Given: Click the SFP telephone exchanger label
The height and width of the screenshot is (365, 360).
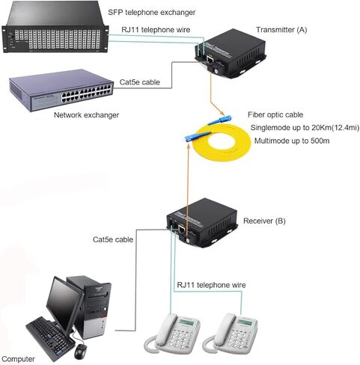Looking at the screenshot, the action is (152, 12).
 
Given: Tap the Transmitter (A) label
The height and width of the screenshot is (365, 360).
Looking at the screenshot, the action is (281, 30).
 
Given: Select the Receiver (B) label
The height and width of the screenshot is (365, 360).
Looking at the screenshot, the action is (264, 221).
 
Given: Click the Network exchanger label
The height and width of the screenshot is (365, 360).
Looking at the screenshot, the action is (86, 115).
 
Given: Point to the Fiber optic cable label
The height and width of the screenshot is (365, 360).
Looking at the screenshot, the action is (275, 114).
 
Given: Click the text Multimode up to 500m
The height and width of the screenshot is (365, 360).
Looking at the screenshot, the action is (292, 141).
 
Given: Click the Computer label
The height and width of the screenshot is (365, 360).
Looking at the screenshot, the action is (18, 359).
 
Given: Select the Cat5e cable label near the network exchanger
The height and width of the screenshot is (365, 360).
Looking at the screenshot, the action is (140, 82).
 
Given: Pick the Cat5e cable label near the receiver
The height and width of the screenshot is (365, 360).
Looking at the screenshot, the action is (113, 239).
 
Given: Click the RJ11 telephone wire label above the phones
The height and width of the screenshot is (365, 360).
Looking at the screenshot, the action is (211, 285).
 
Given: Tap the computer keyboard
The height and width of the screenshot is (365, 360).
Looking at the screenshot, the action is (50, 338).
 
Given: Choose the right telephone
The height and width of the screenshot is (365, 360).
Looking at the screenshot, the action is (230, 334).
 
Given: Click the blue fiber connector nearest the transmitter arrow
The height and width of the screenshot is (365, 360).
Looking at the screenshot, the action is (220, 120).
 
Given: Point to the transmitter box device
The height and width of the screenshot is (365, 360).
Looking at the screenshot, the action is (230, 54).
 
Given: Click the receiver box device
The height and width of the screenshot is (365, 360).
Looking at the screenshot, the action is (201, 223).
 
